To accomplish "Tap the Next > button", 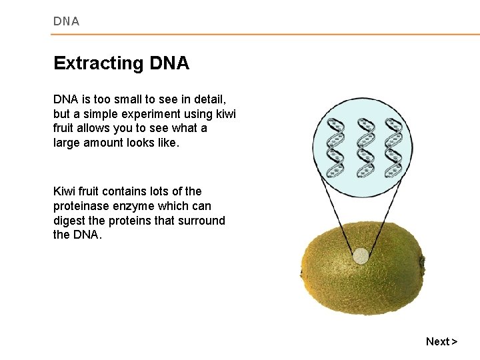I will point(441,341).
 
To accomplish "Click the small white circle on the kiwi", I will point(360,256).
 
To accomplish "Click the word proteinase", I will point(81,206).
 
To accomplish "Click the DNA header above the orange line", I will point(66,21).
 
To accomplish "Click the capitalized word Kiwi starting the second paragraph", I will point(65,191).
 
